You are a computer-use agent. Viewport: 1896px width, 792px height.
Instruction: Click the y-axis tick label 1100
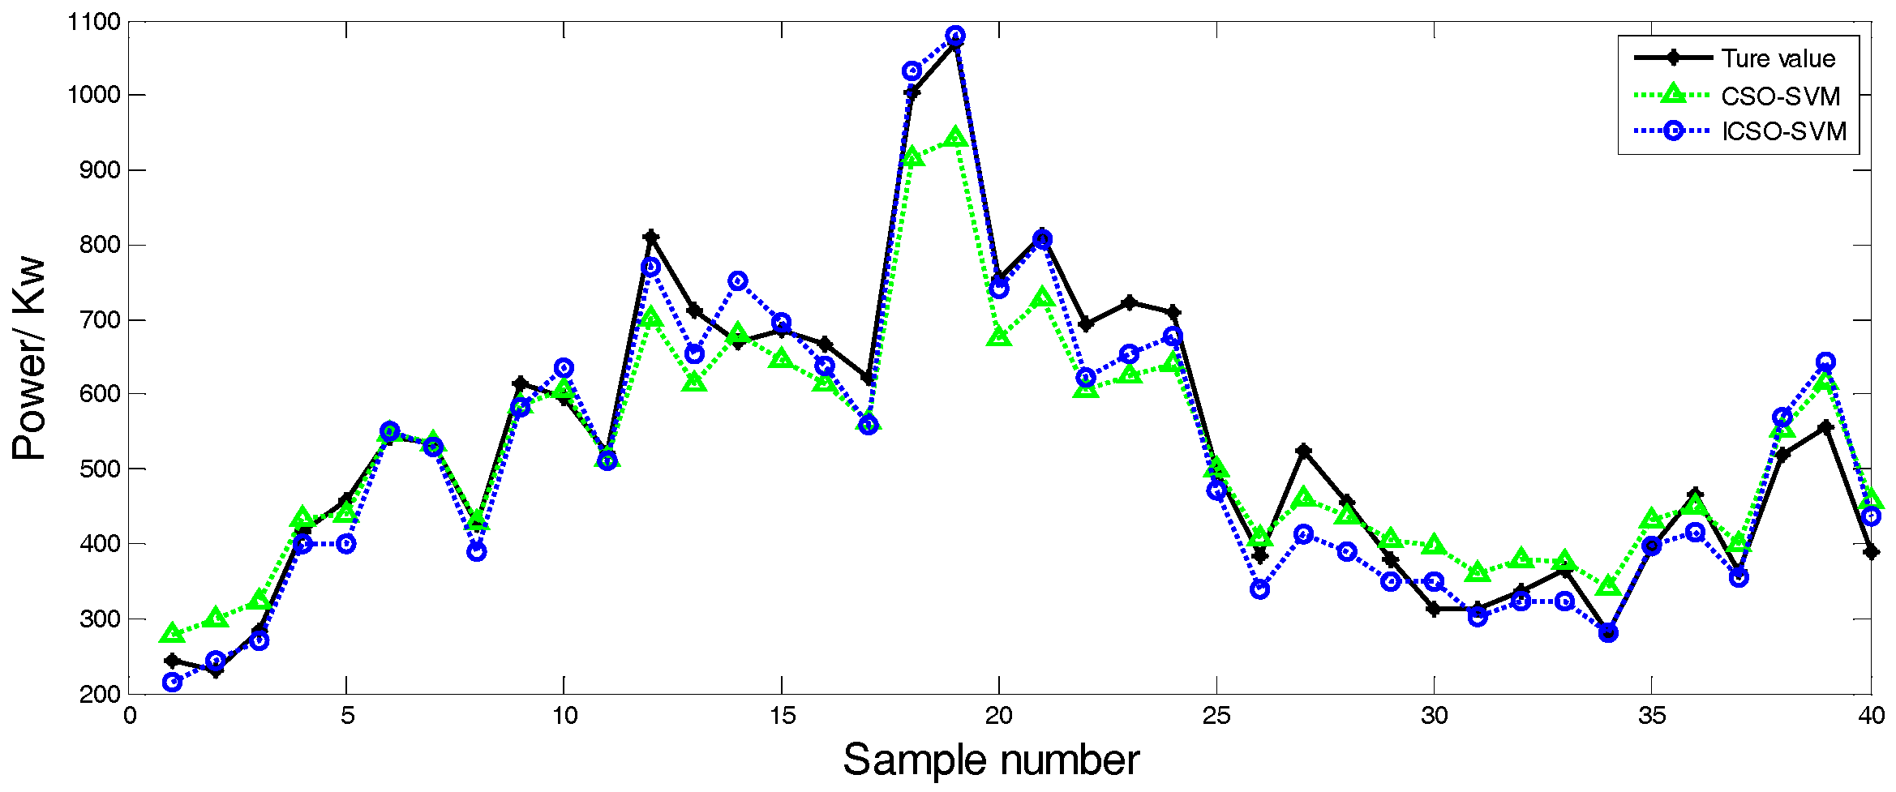[x=94, y=22]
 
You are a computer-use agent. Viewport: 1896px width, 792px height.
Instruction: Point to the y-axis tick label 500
[x=100, y=469]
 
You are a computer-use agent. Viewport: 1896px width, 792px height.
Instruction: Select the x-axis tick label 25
[x=1216, y=717]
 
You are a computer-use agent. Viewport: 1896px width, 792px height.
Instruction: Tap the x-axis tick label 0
[x=130, y=717]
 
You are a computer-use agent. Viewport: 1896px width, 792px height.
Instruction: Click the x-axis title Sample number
[x=991, y=760]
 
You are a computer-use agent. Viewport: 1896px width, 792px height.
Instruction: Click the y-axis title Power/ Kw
[x=29, y=358]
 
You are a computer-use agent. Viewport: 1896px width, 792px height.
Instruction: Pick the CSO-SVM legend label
[x=1780, y=96]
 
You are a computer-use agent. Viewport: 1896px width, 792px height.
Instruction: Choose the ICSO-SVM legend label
[x=1783, y=131]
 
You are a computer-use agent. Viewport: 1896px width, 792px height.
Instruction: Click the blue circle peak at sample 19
[x=955, y=35]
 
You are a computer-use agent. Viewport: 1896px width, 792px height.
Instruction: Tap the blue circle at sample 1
[x=172, y=682]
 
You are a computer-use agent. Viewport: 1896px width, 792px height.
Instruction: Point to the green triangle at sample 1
[x=172, y=633]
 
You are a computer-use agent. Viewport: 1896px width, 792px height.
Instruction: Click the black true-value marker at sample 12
[x=650, y=237]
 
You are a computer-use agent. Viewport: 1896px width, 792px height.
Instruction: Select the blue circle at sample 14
[x=737, y=280]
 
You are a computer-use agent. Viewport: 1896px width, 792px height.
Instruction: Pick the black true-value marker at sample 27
[x=1303, y=451]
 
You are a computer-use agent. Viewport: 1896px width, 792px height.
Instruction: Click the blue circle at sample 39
[x=1825, y=362]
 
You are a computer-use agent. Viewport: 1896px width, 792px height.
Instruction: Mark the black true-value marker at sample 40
[x=1870, y=552]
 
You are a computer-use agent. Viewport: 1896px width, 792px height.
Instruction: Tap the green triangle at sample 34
[x=1608, y=585]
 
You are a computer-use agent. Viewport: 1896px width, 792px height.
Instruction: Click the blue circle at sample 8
[x=476, y=551]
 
